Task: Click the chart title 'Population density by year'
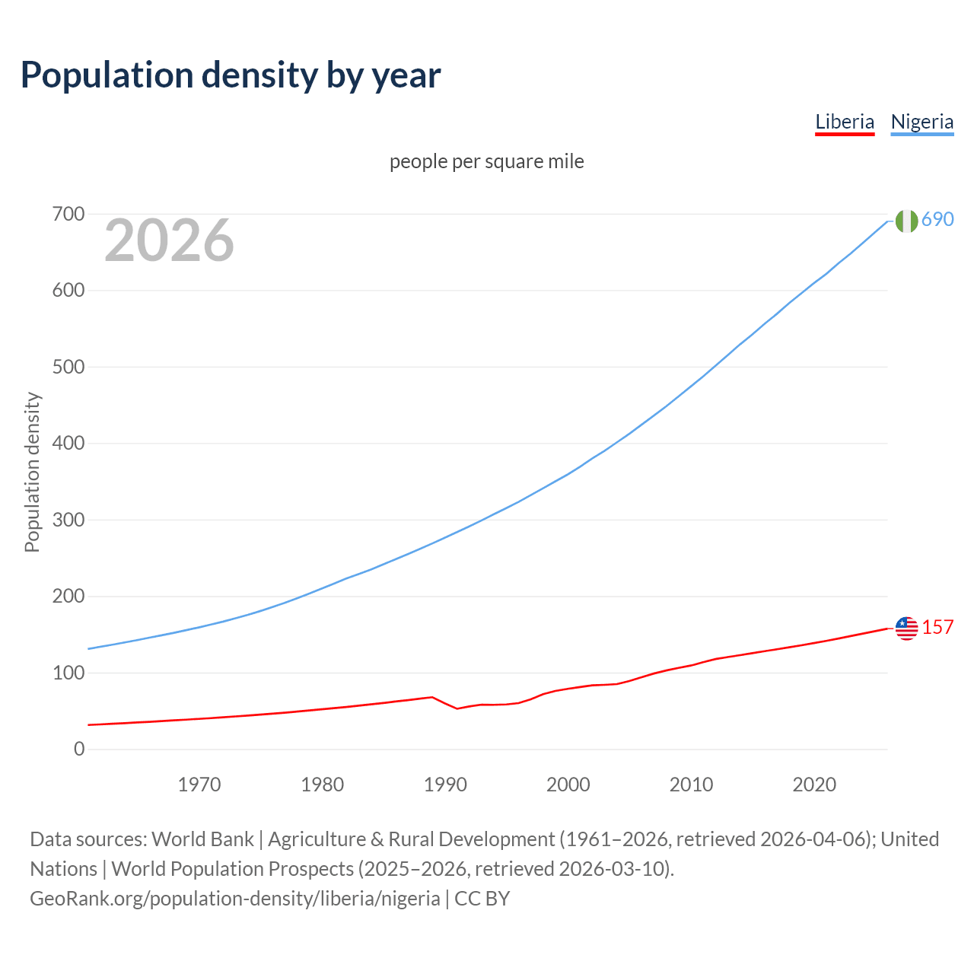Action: point(231,75)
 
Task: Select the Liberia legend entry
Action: point(845,122)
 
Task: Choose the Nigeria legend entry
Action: point(921,122)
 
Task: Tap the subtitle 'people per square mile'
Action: point(486,161)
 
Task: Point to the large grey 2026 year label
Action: point(169,240)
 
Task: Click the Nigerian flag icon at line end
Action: point(906,221)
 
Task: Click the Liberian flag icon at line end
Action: point(906,629)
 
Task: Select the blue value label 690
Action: point(937,219)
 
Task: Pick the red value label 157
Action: point(937,627)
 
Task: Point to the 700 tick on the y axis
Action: point(68,215)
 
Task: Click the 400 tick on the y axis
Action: point(68,444)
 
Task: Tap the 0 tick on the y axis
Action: point(79,750)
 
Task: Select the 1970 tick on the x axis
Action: point(199,785)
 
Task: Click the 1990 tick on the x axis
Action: point(445,785)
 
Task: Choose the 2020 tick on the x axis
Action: point(814,785)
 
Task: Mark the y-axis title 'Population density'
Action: point(32,472)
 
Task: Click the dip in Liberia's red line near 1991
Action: point(457,708)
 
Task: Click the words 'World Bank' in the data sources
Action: point(202,839)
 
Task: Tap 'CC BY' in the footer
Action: point(482,899)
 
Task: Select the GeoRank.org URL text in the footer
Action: point(234,899)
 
